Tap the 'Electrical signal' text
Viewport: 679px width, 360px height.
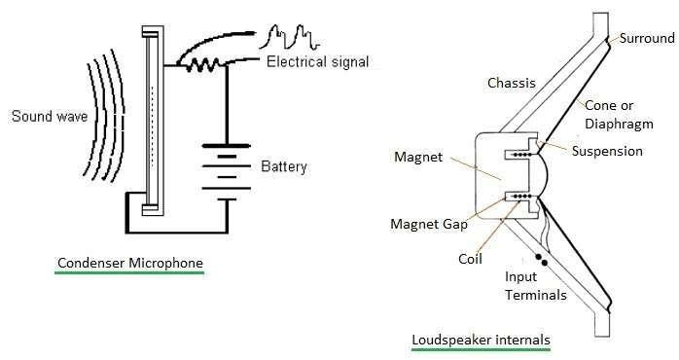(317, 63)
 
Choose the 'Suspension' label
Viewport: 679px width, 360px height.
(607, 151)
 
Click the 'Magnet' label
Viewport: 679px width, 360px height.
(418, 156)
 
